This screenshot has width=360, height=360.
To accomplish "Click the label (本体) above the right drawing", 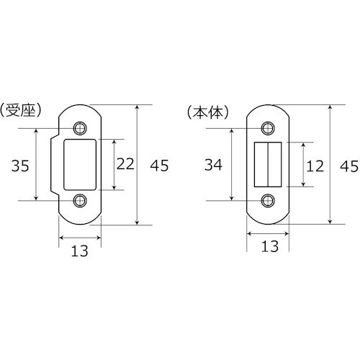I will [x=207, y=112].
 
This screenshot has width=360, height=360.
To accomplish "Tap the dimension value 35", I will [x=20, y=166].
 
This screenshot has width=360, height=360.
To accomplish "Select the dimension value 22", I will [x=126, y=165].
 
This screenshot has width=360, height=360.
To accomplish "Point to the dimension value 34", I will [x=212, y=165].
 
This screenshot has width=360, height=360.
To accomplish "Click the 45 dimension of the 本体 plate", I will [x=348, y=165].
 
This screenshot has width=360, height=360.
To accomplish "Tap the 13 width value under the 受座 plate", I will [x=80, y=251].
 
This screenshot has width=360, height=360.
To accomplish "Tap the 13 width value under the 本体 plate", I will [x=269, y=247].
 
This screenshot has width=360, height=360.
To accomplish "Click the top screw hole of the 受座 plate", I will [x=79, y=129].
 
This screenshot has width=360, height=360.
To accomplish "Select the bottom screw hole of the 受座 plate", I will [x=79, y=200].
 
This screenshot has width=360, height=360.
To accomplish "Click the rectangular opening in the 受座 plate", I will [x=80, y=165].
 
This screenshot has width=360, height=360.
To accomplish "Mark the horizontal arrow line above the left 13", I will [x=80, y=237].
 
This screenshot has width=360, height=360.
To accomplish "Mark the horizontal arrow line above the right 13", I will [x=269, y=234].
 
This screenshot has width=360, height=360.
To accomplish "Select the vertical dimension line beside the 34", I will [x=231, y=165].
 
